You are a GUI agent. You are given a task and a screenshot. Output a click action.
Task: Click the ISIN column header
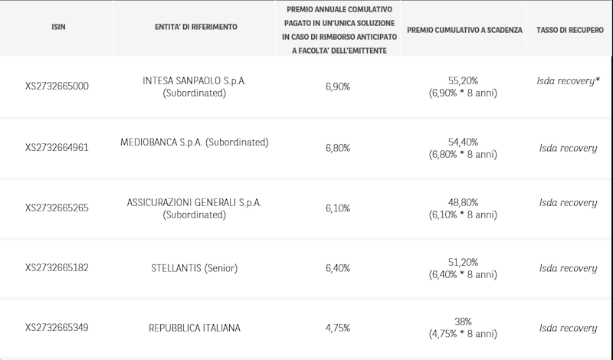click(x=57, y=27)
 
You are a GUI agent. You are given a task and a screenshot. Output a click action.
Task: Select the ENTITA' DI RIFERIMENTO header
click(x=195, y=27)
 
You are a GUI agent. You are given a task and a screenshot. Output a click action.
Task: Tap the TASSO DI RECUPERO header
click(x=568, y=29)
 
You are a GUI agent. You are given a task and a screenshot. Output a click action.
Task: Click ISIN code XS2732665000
click(x=57, y=87)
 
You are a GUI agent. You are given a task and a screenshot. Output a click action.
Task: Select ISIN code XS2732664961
click(x=57, y=148)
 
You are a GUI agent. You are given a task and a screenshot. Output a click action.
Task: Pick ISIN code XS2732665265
click(x=57, y=208)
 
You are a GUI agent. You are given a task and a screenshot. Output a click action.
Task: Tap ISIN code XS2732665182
click(x=57, y=268)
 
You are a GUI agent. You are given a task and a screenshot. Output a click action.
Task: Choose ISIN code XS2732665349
click(x=57, y=329)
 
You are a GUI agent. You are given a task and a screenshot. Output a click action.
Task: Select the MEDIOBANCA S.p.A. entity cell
click(x=195, y=142)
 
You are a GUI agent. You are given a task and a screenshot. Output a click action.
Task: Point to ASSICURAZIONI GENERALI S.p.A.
click(x=195, y=202)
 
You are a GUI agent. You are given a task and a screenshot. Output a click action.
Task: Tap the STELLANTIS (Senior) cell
click(x=195, y=268)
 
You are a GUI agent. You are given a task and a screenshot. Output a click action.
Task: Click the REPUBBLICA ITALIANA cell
click(x=195, y=329)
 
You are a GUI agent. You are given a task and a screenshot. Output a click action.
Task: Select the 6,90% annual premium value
click(x=337, y=87)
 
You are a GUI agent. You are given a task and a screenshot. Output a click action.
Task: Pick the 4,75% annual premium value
click(x=337, y=329)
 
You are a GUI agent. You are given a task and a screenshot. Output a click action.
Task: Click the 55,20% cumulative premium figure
click(x=463, y=80)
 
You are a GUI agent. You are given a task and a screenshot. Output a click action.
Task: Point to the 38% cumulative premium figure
click(x=463, y=322)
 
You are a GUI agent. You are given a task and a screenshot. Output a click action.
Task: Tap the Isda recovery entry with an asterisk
click(x=568, y=80)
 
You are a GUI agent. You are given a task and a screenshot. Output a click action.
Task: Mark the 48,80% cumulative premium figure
click(x=463, y=202)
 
